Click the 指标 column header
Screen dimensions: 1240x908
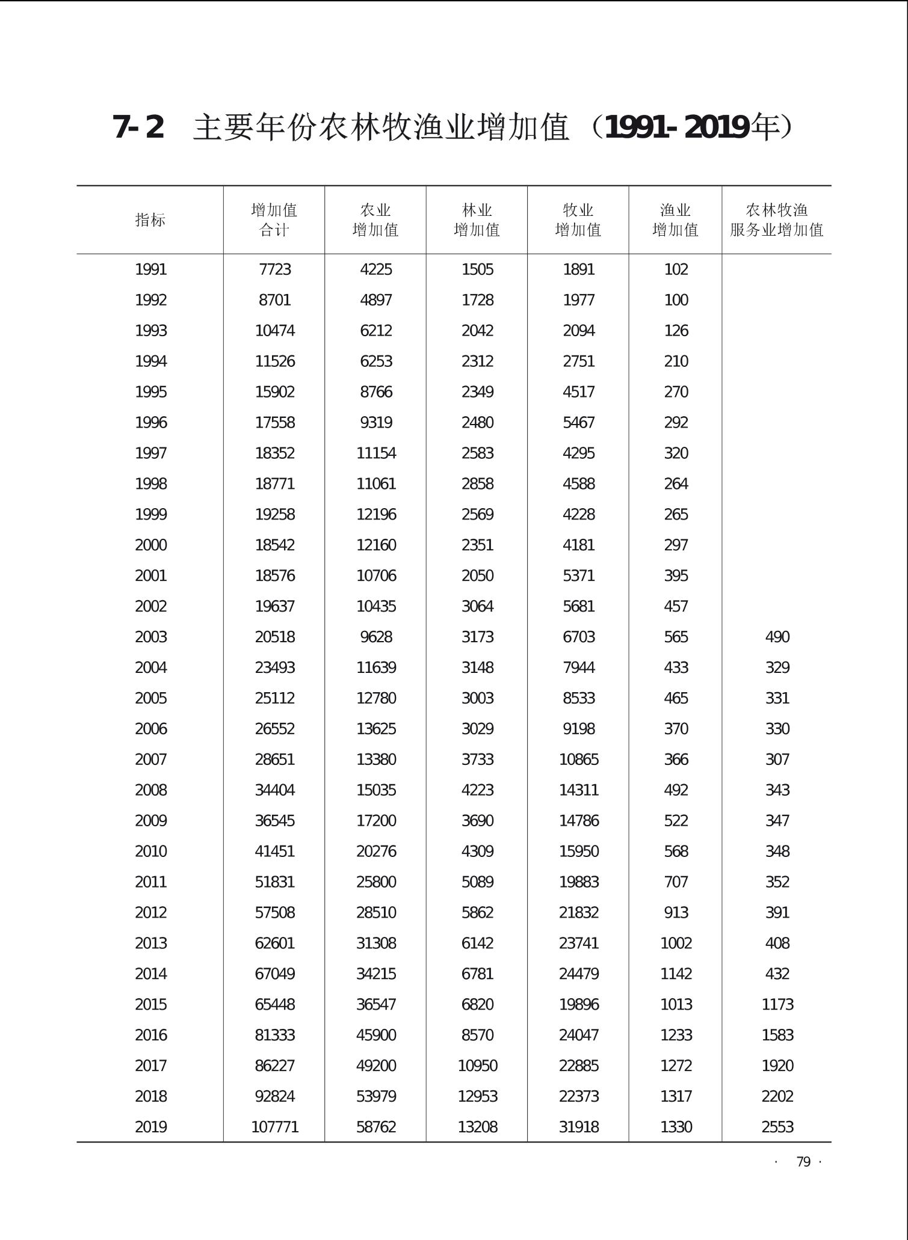[150, 220]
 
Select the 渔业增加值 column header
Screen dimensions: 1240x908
[675, 220]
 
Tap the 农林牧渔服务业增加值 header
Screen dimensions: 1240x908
[776, 220]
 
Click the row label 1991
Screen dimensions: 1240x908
[150, 269]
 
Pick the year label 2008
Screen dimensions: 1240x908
[150, 790]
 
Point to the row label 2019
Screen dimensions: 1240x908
[150, 1127]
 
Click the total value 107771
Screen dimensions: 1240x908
[275, 1127]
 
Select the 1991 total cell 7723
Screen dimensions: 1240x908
[275, 269]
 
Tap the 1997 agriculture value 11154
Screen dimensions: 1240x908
[376, 453]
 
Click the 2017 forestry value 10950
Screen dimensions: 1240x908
[478, 1066]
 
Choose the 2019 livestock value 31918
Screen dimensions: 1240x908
[579, 1127]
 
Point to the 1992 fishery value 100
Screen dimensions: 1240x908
[676, 300]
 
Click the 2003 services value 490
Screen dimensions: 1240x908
[777, 637]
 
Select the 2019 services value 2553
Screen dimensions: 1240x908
[777, 1127]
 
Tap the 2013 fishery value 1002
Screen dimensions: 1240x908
[676, 943]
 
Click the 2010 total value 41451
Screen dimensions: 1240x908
[275, 852]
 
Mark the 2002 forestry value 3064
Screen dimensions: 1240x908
[478, 606]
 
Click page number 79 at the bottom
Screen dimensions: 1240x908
[803, 1162]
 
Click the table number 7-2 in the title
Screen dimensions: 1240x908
[138, 127]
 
